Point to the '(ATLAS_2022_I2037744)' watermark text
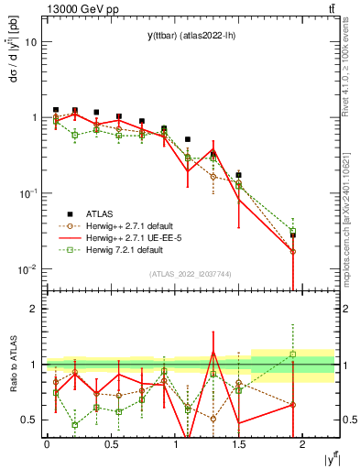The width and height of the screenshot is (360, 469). pos(191,274)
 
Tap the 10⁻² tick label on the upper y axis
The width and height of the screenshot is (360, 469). pos(28,268)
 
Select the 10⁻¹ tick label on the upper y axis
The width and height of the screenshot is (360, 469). pos(28,193)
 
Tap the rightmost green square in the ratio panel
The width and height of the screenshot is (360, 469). pos(293,354)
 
